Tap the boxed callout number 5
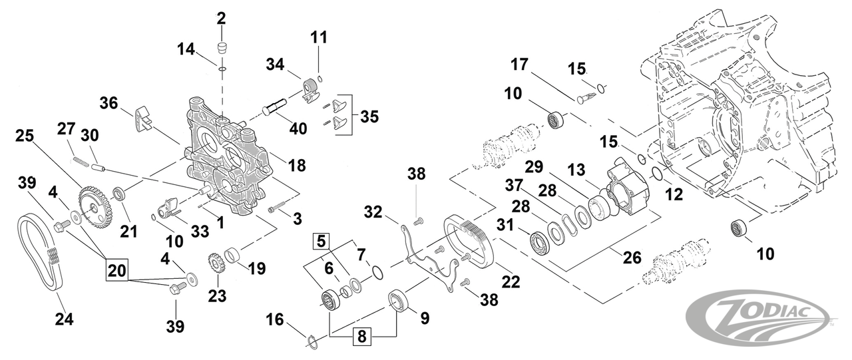[322, 240]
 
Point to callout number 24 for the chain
[64, 319]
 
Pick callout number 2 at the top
[222, 18]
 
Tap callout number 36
[109, 103]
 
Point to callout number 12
[674, 196]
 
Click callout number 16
[274, 321]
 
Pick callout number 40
[298, 128]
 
